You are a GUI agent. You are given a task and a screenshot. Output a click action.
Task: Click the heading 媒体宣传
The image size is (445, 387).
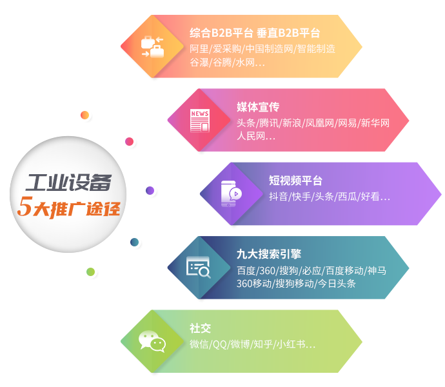pyautogui.click(x=258, y=106)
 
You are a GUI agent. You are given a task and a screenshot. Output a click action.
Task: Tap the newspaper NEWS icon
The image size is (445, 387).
pyautogui.click(x=199, y=120)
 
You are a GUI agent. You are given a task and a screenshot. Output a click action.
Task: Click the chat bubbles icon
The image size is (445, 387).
pyautogui.click(x=152, y=341)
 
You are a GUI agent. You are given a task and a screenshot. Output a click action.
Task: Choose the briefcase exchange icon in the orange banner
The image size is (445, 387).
pyautogui.click(x=152, y=46)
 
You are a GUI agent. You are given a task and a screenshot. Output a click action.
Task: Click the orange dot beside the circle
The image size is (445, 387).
pyautogui.click(x=84, y=115)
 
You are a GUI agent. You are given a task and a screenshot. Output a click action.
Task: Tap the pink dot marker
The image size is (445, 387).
pyautogui.click(x=129, y=141)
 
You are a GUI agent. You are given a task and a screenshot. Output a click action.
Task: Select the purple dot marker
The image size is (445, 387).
pyautogui.click(x=150, y=190)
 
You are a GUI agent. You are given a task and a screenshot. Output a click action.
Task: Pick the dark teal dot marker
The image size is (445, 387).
pyautogui.click(x=134, y=243)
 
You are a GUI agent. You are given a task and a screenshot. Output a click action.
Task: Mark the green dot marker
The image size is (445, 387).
pyautogui.click(x=90, y=272)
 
